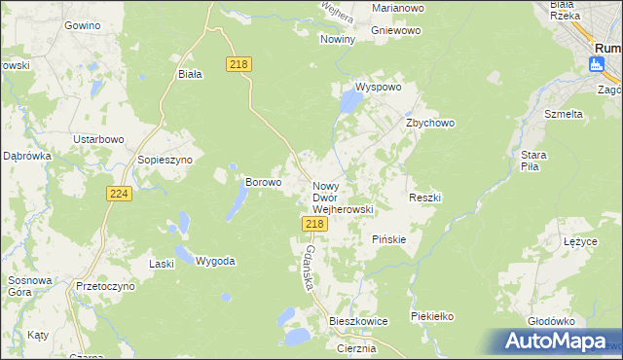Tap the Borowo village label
point(263,181)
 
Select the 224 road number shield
point(119,194)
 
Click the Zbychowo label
point(430,124)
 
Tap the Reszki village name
point(425,198)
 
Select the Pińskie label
point(389,239)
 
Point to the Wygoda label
point(215,261)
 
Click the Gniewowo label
point(389,30)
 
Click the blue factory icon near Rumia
point(596,64)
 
